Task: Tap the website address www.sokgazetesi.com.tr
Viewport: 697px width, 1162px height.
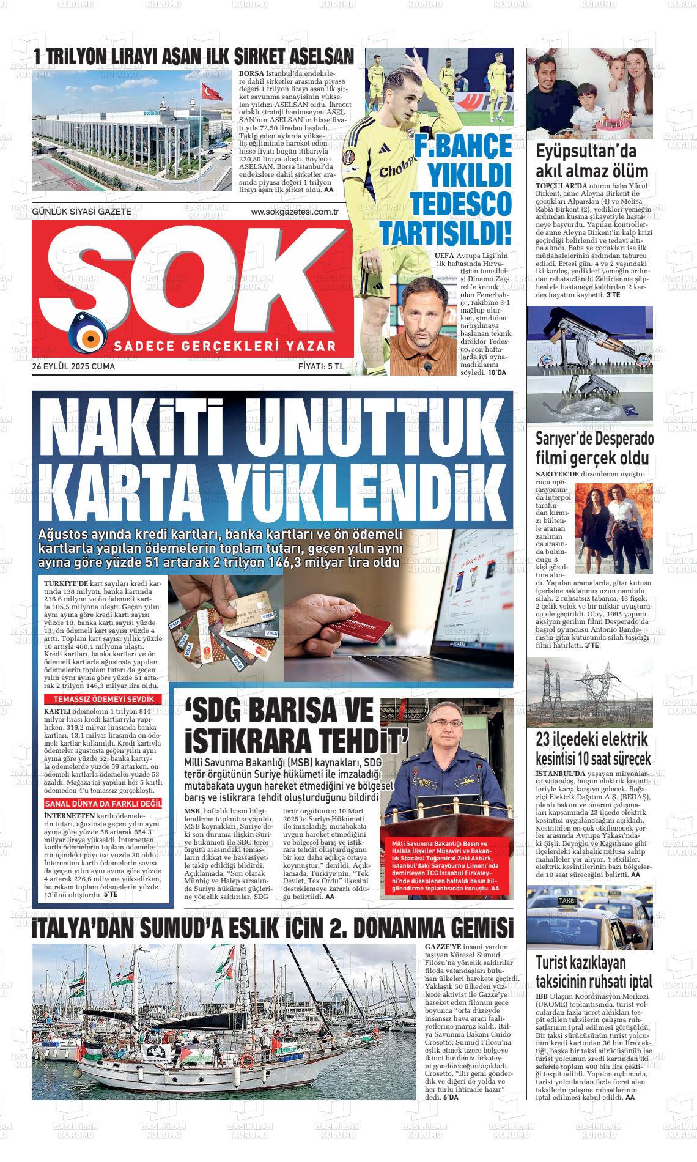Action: click(295, 212)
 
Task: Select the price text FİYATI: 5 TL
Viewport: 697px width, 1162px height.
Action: click(322, 367)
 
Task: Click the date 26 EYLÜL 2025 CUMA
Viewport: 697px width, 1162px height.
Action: click(73, 367)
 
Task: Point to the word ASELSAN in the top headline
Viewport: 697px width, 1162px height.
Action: click(319, 57)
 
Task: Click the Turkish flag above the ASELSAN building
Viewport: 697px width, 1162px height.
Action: click(212, 92)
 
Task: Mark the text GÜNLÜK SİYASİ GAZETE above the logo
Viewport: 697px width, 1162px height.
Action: click(82, 212)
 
